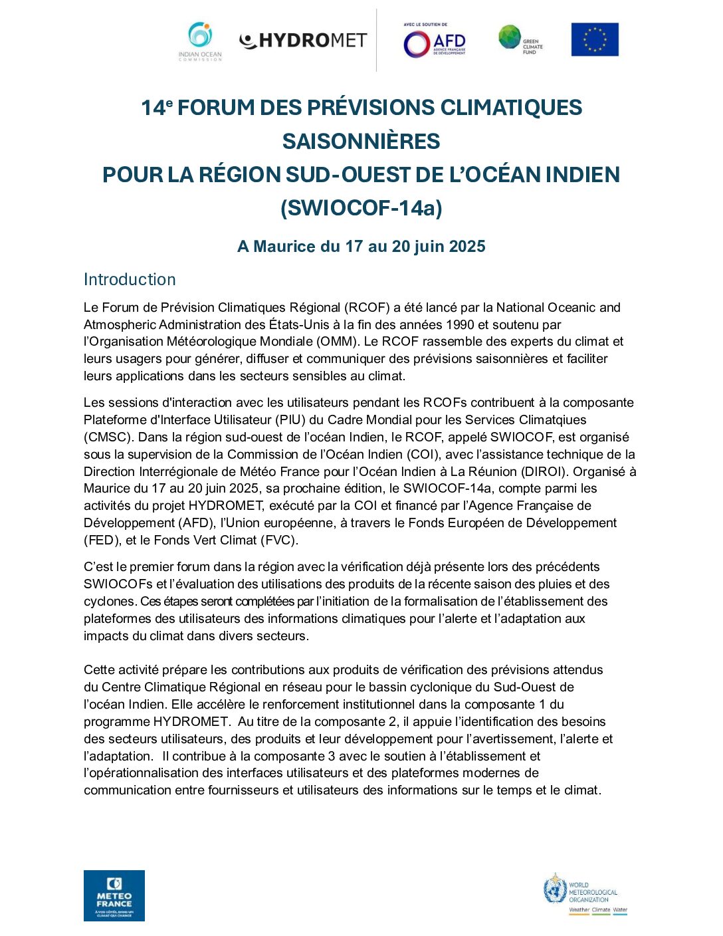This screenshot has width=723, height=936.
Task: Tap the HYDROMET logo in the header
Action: (303, 41)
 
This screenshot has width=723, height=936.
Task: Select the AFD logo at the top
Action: (435, 42)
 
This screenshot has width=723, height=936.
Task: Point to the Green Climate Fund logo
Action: (520, 39)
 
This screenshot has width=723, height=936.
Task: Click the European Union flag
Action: (595, 39)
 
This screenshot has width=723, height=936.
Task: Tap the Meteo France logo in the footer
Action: (114, 895)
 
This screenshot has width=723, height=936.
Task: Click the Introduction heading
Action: (130, 279)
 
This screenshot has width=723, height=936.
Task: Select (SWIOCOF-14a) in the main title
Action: (361, 208)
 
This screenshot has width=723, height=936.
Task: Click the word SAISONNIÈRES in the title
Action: (361, 141)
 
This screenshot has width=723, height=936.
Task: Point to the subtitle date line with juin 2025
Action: (361, 247)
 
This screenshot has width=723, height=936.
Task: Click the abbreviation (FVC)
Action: (278, 540)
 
